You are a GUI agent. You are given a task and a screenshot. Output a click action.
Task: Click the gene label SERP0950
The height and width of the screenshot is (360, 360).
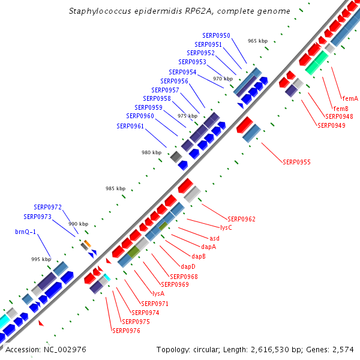tap(216, 36)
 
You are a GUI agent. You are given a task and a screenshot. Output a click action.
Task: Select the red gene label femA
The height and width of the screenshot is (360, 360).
tap(350, 98)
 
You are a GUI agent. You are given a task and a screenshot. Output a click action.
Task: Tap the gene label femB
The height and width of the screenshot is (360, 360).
tap(341, 108)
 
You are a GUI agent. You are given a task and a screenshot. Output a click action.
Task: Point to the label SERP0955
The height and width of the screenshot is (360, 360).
tap(297, 162)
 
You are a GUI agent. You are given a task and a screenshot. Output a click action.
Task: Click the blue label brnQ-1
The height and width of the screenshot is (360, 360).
tap(26, 231)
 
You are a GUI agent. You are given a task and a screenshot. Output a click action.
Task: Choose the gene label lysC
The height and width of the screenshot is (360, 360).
tap(226, 228)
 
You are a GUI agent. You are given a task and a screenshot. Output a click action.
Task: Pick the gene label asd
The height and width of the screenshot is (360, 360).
tap(214, 238)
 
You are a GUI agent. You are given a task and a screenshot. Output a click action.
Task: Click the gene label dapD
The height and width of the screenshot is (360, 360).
tap(188, 266)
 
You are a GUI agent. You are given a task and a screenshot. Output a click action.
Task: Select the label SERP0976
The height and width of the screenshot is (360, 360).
tap(126, 330)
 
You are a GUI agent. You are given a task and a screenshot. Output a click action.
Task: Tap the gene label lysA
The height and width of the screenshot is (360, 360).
tap(158, 293)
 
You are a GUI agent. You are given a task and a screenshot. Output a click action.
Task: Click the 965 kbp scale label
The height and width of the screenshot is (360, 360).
tap(257, 41)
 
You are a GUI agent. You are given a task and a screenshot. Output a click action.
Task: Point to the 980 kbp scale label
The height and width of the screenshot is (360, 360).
tap(151, 152)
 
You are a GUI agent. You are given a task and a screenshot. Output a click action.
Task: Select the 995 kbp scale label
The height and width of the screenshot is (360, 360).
tap(41, 259)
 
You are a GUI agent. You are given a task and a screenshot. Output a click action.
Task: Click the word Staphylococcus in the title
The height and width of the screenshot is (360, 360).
tap(97, 11)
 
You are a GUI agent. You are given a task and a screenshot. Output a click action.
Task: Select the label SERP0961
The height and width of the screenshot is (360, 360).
tap(130, 126)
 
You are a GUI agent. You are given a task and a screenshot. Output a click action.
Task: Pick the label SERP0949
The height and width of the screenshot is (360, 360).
tap(331, 125)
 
